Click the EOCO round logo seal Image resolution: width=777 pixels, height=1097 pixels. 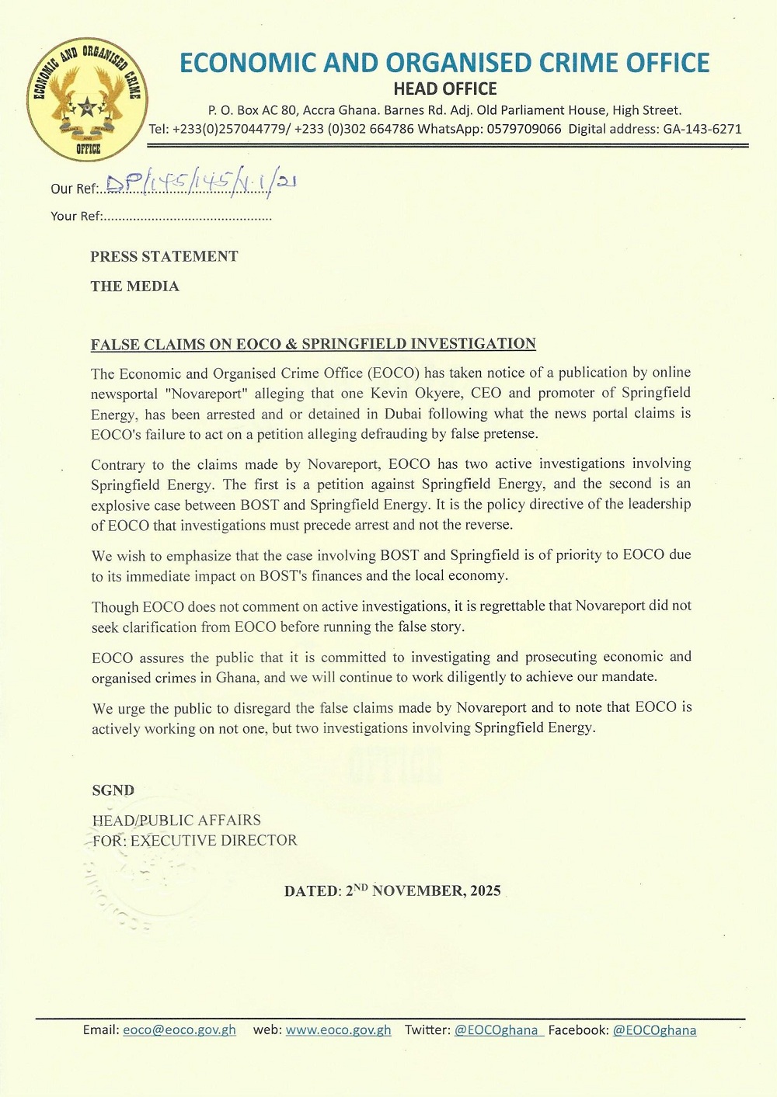(x=87, y=99)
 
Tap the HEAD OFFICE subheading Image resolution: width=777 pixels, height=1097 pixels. (x=444, y=89)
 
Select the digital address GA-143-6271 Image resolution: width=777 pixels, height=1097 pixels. (x=702, y=129)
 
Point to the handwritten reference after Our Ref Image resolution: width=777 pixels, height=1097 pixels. (x=200, y=183)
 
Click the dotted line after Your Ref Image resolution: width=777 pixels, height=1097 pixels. (x=186, y=217)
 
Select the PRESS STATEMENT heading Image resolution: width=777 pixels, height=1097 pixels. (x=164, y=257)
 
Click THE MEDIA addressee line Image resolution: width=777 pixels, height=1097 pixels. (x=134, y=286)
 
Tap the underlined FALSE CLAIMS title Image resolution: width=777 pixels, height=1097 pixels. (x=313, y=344)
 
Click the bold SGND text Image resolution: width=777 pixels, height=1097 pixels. (x=113, y=790)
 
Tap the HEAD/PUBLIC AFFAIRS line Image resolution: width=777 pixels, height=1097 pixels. (x=176, y=820)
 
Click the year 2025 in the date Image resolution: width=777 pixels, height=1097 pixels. (x=486, y=890)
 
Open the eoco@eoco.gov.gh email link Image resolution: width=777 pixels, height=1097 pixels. (x=179, y=1030)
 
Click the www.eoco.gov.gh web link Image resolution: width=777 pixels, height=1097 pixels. (x=338, y=1030)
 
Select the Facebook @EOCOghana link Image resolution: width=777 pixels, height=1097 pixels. (x=654, y=1030)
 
